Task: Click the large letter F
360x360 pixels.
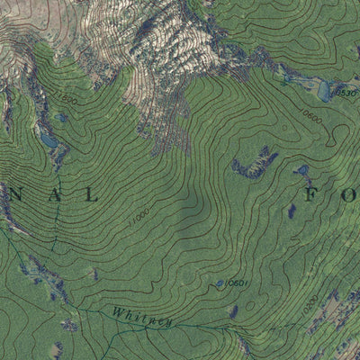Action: tap(312, 193)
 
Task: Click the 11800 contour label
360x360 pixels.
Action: tap(66, 95)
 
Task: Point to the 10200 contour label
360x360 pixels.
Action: tap(310, 306)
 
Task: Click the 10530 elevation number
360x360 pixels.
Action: tap(346, 93)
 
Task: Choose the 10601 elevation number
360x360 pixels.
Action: tap(236, 283)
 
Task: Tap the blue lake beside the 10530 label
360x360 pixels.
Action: tap(324, 90)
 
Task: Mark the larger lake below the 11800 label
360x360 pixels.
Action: tap(48, 141)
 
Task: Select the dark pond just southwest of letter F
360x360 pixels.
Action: tap(291, 211)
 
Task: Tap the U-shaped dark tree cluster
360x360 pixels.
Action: tap(253, 165)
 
